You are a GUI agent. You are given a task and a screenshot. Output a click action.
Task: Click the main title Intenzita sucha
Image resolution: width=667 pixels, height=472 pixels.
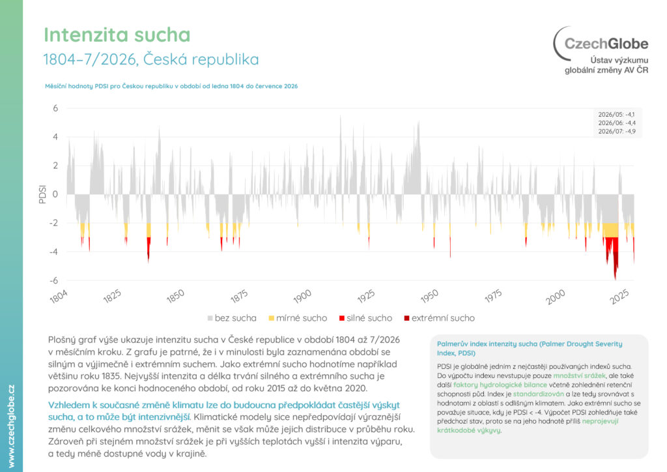pyautogui.click(x=117, y=35)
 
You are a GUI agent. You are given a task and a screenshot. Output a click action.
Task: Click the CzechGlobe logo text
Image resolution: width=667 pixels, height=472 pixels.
pyautogui.click(x=606, y=44)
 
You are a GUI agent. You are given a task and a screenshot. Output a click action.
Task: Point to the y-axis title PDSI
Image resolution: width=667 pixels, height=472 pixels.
pyautogui.click(x=42, y=194)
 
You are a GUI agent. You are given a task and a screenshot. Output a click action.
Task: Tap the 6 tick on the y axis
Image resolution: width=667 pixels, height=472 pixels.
pyautogui.click(x=56, y=108)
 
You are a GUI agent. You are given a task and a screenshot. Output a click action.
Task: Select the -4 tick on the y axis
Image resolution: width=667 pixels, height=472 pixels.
pyautogui.click(x=53, y=252)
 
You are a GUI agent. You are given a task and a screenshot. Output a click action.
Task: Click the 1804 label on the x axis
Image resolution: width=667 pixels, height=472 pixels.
pyautogui.click(x=58, y=297)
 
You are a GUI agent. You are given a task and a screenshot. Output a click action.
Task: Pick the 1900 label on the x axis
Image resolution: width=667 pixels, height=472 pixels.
pyautogui.click(x=302, y=297)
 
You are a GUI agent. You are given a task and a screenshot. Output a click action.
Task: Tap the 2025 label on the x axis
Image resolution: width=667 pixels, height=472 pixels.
pyautogui.click(x=619, y=297)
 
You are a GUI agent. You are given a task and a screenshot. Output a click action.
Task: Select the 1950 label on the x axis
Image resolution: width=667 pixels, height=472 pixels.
pyautogui.click(x=429, y=297)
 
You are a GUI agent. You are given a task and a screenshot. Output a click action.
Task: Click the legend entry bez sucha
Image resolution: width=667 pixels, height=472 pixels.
pyautogui.click(x=232, y=318)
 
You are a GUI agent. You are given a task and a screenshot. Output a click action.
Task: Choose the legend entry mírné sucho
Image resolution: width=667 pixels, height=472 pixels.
pyautogui.click(x=298, y=318)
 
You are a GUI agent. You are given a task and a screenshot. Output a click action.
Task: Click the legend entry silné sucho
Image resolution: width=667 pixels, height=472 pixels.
pyautogui.click(x=366, y=318)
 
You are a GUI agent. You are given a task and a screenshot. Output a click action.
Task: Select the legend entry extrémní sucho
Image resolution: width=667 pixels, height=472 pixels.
pyautogui.click(x=440, y=318)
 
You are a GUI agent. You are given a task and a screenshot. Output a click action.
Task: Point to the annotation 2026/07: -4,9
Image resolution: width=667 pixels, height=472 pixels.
pyautogui.click(x=617, y=132)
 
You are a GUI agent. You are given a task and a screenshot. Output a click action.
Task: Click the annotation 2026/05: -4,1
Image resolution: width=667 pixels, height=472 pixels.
pyautogui.click(x=616, y=115)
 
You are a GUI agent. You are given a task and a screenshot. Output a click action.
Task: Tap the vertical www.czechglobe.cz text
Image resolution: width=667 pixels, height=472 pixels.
pyautogui.click(x=12, y=426)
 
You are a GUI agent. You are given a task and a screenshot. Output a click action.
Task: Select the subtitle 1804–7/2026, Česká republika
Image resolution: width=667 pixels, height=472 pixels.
pyautogui.click(x=151, y=59)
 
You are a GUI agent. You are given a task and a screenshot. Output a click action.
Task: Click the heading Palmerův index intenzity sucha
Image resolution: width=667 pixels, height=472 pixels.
pyautogui.click(x=530, y=348)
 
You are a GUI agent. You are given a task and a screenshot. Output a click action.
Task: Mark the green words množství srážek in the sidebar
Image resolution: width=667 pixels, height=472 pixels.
pyautogui.click(x=579, y=376)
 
